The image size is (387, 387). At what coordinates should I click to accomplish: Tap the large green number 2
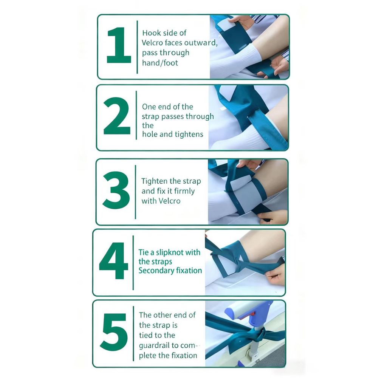[117, 116]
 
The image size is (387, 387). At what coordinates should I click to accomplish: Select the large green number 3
[116, 190]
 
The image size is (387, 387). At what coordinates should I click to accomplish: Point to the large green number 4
[114, 261]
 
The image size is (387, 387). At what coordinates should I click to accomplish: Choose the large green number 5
[114, 332]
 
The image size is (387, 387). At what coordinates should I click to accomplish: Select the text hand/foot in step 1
[160, 63]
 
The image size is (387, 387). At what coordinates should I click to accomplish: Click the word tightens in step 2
[190, 134]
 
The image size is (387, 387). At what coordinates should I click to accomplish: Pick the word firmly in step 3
[184, 191]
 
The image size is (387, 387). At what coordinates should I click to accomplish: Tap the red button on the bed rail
[253, 314]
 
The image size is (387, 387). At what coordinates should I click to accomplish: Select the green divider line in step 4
[133, 263]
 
